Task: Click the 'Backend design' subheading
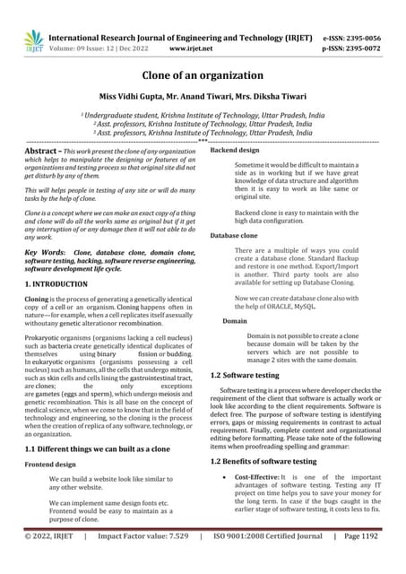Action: click(234, 151)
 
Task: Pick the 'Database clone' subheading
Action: click(236, 235)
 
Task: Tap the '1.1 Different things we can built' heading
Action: click(99, 448)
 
